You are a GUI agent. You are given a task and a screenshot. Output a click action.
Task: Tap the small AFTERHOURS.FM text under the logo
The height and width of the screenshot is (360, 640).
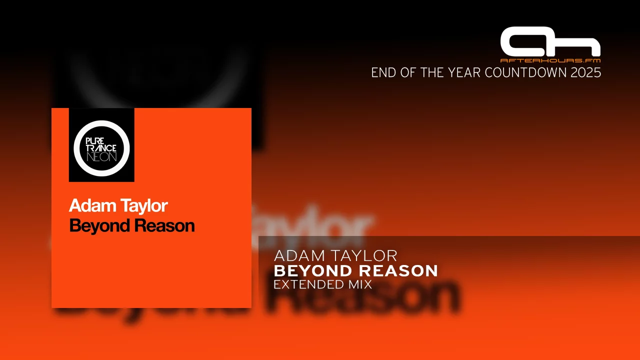click(x=550, y=60)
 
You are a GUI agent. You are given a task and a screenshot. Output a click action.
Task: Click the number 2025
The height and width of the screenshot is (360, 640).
click(x=587, y=73)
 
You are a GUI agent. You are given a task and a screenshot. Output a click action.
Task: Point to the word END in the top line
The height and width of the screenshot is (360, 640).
click(x=382, y=73)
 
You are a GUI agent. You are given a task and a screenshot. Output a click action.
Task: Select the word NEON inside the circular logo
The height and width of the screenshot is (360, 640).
click(x=101, y=156)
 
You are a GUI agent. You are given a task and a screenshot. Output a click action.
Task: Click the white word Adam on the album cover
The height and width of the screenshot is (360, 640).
click(x=88, y=205)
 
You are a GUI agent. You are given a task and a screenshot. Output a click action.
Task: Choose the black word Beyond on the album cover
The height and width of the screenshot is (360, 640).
click(x=98, y=226)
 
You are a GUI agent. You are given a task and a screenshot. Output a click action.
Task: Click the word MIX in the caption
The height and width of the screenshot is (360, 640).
click(x=362, y=285)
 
